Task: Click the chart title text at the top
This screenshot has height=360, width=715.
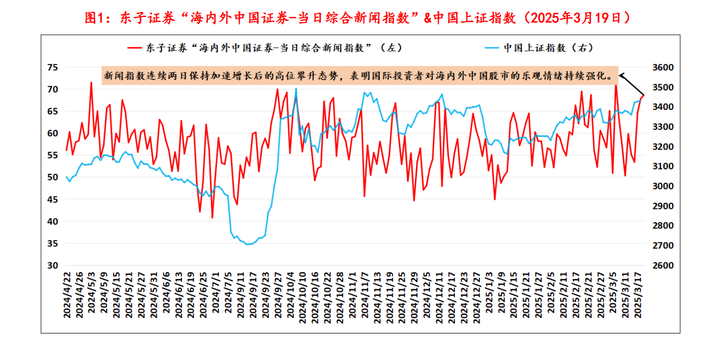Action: [357, 18]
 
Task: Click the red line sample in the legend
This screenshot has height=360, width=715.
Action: [134, 48]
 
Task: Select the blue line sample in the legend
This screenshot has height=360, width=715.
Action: [491, 48]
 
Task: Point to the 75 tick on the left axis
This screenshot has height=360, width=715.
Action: [53, 68]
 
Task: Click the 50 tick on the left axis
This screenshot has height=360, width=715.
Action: [53, 178]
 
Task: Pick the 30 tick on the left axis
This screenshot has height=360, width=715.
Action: [53, 265]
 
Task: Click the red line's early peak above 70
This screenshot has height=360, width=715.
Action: [91, 82]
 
